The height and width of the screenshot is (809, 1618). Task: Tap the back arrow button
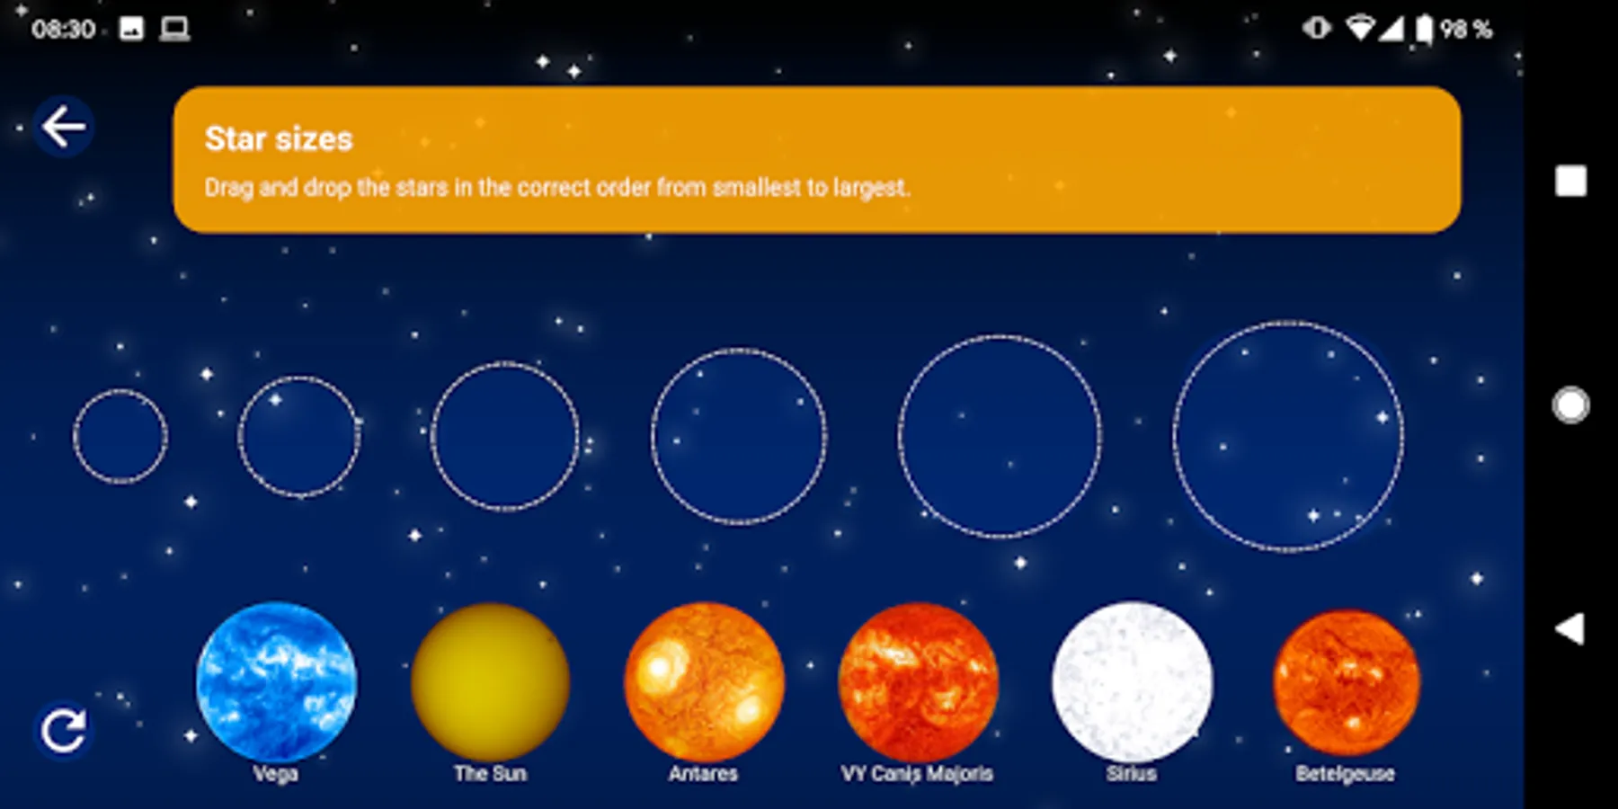point(64,127)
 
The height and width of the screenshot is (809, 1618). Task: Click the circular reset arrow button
point(64,730)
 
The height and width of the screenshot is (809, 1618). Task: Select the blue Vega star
point(276,681)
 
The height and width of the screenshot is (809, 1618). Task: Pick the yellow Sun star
point(490,681)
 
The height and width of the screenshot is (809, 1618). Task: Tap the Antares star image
point(704,681)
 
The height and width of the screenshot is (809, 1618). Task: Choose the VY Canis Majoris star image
point(918,681)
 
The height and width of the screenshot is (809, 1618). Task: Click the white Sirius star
point(1132,681)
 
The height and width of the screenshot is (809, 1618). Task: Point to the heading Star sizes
point(279,138)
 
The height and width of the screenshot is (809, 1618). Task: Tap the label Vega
point(275,774)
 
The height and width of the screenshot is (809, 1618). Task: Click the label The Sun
point(490,773)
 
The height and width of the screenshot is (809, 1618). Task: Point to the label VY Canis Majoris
point(917,774)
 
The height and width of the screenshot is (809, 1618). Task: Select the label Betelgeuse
point(1346,774)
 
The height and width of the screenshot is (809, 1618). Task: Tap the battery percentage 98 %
point(1466,30)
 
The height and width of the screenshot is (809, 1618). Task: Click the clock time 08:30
point(63,30)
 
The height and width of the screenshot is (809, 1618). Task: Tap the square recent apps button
point(1571,181)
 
